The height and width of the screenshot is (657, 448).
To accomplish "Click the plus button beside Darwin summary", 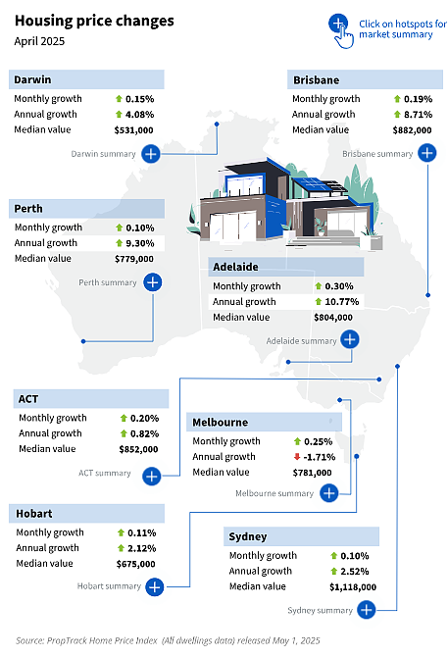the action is [151, 154].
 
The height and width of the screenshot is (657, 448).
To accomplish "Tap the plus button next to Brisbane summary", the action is [427, 153].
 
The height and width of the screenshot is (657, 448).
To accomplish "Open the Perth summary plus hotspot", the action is [152, 282].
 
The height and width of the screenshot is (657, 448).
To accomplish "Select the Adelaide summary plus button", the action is [350, 339].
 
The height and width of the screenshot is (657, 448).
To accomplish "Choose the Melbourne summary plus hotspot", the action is [329, 493].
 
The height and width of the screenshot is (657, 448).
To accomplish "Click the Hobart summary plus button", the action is [155, 586].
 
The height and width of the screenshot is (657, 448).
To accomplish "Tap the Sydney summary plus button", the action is [367, 610].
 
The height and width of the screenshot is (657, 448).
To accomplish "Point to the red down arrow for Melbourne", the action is [297, 457].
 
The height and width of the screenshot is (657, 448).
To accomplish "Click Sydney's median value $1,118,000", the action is [353, 587].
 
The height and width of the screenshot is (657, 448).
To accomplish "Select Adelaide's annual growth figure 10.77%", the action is [342, 302].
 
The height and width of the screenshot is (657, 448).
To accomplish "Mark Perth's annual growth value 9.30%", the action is [140, 243].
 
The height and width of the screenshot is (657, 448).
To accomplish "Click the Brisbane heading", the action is [316, 80].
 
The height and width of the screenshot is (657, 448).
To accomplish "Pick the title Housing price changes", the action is [94, 21].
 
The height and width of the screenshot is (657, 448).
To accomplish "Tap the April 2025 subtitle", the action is [39, 41].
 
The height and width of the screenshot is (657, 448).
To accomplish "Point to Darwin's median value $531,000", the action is [134, 130].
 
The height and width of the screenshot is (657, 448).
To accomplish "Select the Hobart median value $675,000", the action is [135, 564].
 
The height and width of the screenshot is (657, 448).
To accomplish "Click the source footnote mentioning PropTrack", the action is [168, 640].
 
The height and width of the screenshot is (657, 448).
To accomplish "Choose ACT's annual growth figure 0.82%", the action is [144, 433].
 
